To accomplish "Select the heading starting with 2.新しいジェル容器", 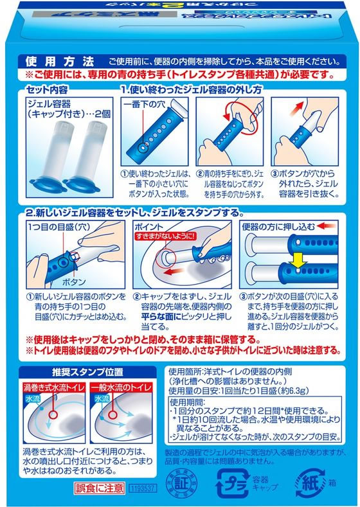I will coord(126,212).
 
